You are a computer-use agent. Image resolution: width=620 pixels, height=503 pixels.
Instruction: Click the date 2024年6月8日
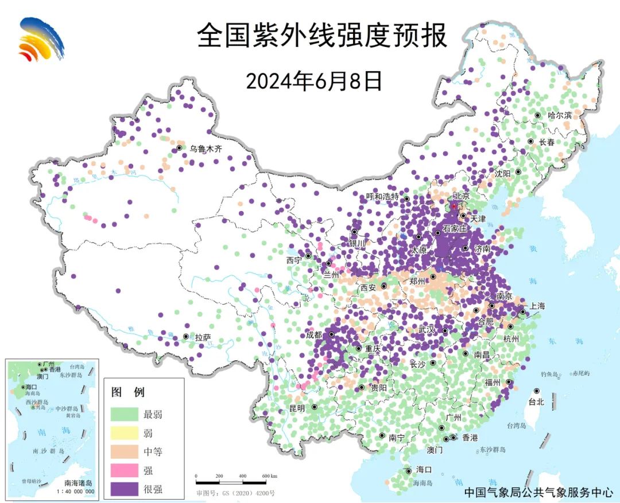pos(314,81)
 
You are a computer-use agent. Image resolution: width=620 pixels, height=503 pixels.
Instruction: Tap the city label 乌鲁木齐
pos(206,149)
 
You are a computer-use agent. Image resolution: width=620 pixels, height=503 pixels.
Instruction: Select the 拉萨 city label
pos(203,338)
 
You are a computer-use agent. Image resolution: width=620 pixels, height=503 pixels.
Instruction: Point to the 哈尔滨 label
pos(559,115)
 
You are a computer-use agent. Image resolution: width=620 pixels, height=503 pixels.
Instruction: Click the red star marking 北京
pos(454,206)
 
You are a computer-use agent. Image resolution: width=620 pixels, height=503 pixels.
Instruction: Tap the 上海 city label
pos(538,306)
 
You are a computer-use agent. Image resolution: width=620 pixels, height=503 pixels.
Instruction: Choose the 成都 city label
pos(315,335)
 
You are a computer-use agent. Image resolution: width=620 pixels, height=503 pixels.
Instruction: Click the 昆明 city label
pos(297,408)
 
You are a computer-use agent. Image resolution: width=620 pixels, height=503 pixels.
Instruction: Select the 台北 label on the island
pos(536,402)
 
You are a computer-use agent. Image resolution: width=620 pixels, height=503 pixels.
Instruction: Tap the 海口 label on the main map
pos(424,470)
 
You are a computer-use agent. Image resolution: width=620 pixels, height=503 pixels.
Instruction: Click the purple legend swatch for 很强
pos(125,489)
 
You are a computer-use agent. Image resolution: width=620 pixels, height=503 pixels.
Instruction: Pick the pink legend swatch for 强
pos(125,470)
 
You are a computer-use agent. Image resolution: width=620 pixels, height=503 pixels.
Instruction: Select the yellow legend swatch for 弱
pos(125,433)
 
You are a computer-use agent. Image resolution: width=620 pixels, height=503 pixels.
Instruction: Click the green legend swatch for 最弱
pos(125,414)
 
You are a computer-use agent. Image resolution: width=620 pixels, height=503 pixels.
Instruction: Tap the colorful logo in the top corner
pos(40,39)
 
